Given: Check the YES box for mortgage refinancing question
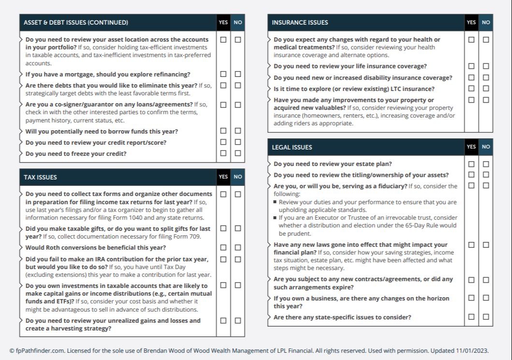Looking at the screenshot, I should tap(223, 74).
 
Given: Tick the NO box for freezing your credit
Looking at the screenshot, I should tap(238, 153).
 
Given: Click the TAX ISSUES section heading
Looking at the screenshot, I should tap(40, 177).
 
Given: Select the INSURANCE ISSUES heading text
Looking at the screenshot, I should tap(300, 22).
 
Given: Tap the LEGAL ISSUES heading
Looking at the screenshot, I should tap(292, 147).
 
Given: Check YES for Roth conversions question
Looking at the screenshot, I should tap(223, 247).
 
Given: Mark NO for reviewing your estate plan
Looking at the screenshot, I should tap(486, 164).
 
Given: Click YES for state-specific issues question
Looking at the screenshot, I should tap(471, 317).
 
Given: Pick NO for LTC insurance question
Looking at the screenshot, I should tap(486, 89).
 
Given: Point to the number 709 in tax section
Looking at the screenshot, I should tap(195, 237).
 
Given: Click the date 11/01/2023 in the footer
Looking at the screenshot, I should tap(472, 350).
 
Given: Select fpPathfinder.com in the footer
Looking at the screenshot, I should tap(39, 350).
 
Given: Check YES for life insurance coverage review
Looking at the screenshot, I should tap(471, 66).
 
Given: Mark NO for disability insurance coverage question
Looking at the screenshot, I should tap(486, 77).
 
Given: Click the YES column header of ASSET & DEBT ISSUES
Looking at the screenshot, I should tap(223, 22).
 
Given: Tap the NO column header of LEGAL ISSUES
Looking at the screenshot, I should tap(486, 147).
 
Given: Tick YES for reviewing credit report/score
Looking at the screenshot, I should tap(223, 142).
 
